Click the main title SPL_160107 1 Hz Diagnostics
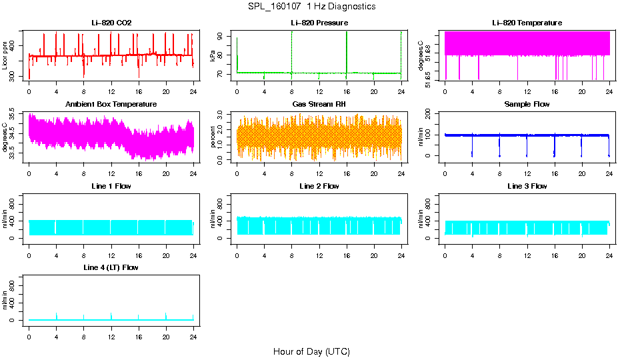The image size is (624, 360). click(x=311, y=6)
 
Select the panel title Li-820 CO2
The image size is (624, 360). click(x=111, y=23)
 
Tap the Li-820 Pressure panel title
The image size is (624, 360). click(x=319, y=23)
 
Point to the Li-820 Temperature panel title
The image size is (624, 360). click(x=527, y=23)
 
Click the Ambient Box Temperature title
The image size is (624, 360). click(x=111, y=104)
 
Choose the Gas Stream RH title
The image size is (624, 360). click(x=319, y=104)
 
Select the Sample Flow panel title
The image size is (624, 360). click(x=527, y=104)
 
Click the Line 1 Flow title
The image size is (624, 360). click(x=111, y=186)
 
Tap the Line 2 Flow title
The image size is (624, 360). click(x=319, y=186)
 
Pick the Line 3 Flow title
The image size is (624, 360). click(x=527, y=186)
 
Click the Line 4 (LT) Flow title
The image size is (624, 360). click(x=111, y=267)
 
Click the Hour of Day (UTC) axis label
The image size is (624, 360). click(x=311, y=351)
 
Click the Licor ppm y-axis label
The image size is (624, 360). click(x=5, y=56)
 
